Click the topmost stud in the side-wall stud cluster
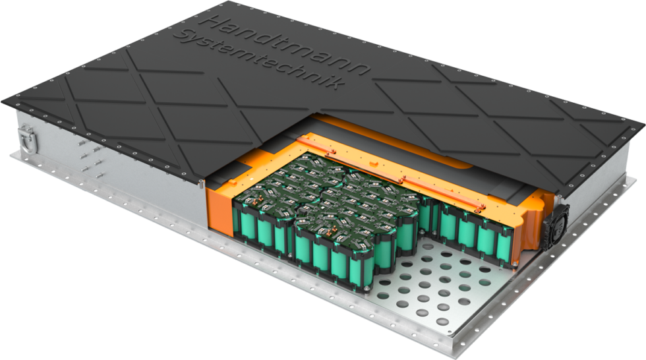[82, 143]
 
